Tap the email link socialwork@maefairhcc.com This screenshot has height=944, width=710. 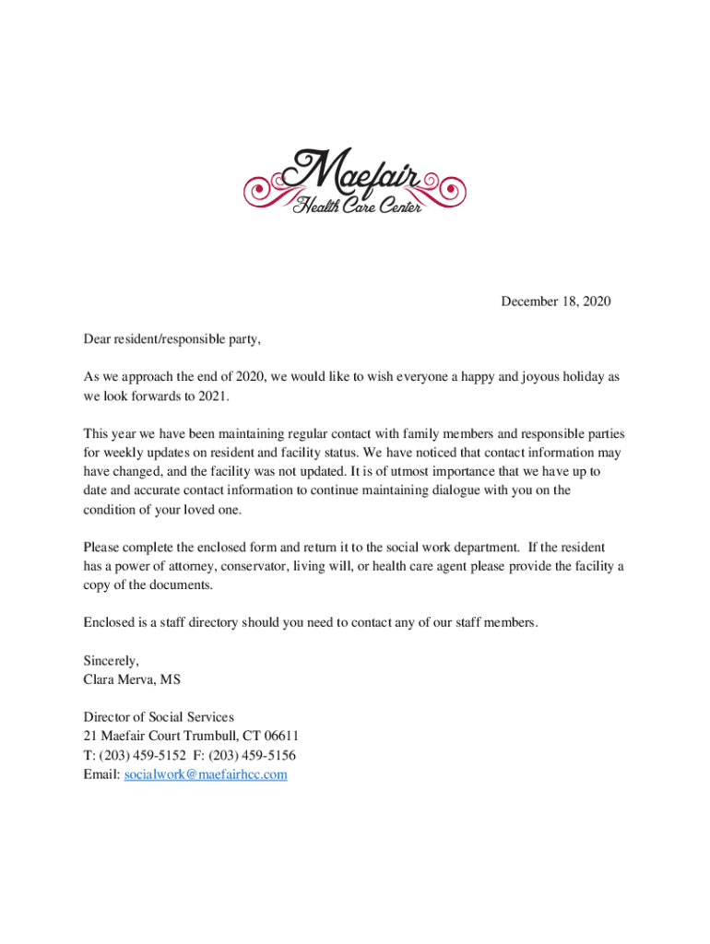[x=206, y=774]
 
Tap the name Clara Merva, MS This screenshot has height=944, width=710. [x=132, y=679]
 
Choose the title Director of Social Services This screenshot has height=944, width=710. [x=159, y=716]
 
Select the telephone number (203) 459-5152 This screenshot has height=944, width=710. [x=138, y=755]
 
